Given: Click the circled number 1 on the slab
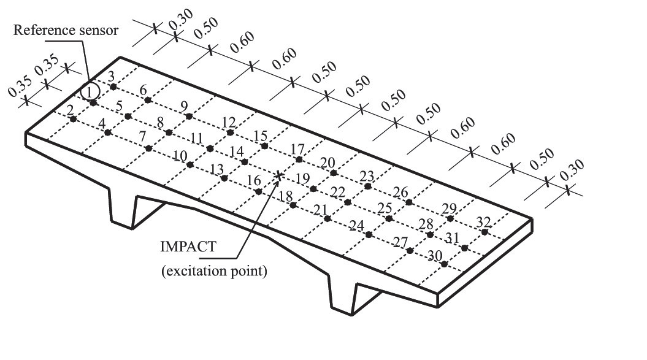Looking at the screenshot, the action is click(x=90, y=91).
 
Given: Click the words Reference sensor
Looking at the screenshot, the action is click(x=66, y=30).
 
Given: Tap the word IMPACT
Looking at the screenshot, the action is click(x=188, y=247).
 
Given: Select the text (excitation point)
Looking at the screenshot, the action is click(x=214, y=271).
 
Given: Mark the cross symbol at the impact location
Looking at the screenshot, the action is click(x=279, y=176).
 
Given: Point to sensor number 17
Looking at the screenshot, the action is click(x=297, y=149).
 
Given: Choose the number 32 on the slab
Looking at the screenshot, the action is click(x=484, y=223).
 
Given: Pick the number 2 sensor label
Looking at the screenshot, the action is click(x=70, y=110).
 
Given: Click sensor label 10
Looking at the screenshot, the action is click(x=180, y=156).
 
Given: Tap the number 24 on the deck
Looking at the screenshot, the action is click(x=356, y=226).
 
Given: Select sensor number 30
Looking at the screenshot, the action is click(x=435, y=256).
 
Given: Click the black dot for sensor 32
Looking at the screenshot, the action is click(x=485, y=232).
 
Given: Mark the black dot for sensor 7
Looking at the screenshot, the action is click(x=148, y=148).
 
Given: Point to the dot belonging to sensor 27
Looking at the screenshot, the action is click(x=410, y=250).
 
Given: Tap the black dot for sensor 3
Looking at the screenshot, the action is click(x=113, y=86).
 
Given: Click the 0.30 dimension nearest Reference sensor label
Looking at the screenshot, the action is click(x=181, y=19).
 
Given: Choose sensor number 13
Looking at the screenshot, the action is click(x=216, y=169).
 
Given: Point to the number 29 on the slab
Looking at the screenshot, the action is click(x=449, y=209).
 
